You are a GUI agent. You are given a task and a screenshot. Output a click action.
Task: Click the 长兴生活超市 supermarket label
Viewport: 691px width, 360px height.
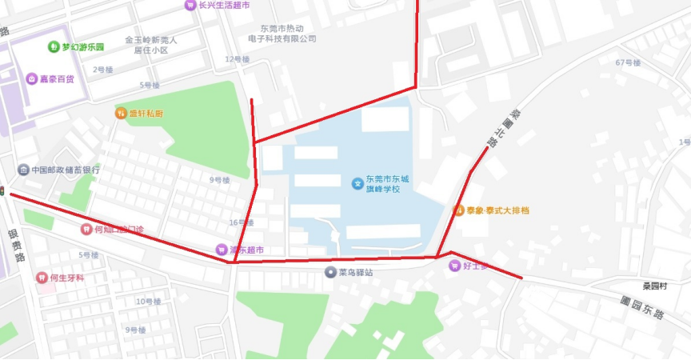click(224, 5)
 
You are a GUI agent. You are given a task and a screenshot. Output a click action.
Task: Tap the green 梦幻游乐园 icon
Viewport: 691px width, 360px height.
click(54, 46)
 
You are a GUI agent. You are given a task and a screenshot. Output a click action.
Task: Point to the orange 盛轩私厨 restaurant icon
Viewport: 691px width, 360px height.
click(122, 113)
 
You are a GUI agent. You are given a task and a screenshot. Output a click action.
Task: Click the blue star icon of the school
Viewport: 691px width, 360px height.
click(357, 183)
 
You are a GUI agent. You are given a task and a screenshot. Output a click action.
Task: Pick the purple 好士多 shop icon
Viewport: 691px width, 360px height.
click(453, 266)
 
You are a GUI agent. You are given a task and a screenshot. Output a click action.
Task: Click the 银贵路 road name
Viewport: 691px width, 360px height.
click(17, 245)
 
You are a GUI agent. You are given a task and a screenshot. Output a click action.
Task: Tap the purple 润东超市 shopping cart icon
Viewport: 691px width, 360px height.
click(222, 250)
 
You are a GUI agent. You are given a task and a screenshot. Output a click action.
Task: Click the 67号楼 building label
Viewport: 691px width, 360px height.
click(628, 62)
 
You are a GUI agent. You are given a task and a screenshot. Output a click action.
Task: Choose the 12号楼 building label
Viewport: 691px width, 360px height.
click(238, 59)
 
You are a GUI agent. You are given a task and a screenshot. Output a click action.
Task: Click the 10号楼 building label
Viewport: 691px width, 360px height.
click(148, 302)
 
